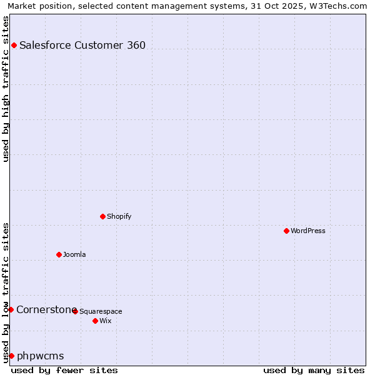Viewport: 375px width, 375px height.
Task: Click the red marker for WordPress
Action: pos(286,231)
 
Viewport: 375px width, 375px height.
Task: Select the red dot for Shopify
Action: pos(102,216)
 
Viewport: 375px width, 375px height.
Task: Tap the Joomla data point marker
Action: pos(59,254)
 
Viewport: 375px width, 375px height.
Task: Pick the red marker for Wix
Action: pos(95,321)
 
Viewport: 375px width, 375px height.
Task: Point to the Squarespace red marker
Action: pos(75,311)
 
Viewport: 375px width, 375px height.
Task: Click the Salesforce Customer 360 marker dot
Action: pos(14,45)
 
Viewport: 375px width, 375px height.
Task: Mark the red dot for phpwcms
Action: pos(11,356)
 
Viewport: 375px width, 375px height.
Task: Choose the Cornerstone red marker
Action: pos(11,309)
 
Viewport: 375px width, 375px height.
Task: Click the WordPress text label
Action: pos(308,231)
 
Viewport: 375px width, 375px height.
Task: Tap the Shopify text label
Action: pos(119,216)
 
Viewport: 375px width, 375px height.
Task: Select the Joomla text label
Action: pos(74,254)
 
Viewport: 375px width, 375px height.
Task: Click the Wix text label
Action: pos(106,321)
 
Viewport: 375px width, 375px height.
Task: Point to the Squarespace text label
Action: pos(101,311)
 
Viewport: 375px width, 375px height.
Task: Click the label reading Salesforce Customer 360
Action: pos(82,45)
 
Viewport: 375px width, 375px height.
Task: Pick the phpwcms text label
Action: pos(41,356)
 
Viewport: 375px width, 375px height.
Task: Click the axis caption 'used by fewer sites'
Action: pos(64,370)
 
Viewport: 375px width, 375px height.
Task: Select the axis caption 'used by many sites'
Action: pos(314,370)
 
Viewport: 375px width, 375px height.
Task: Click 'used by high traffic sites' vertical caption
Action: pos(6,89)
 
